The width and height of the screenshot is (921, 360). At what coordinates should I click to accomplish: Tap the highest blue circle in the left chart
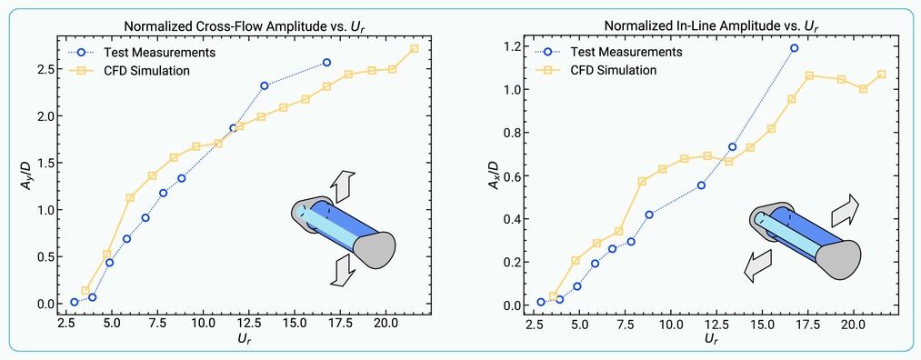(x=327, y=62)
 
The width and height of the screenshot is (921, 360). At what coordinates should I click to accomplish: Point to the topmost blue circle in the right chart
(x=794, y=48)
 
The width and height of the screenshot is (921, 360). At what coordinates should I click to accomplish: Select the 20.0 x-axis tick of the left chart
(x=385, y=324)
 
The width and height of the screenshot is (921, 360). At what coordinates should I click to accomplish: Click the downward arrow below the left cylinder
(x=343, y=272)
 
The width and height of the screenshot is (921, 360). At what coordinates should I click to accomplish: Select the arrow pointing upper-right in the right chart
(x=845, y=210)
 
